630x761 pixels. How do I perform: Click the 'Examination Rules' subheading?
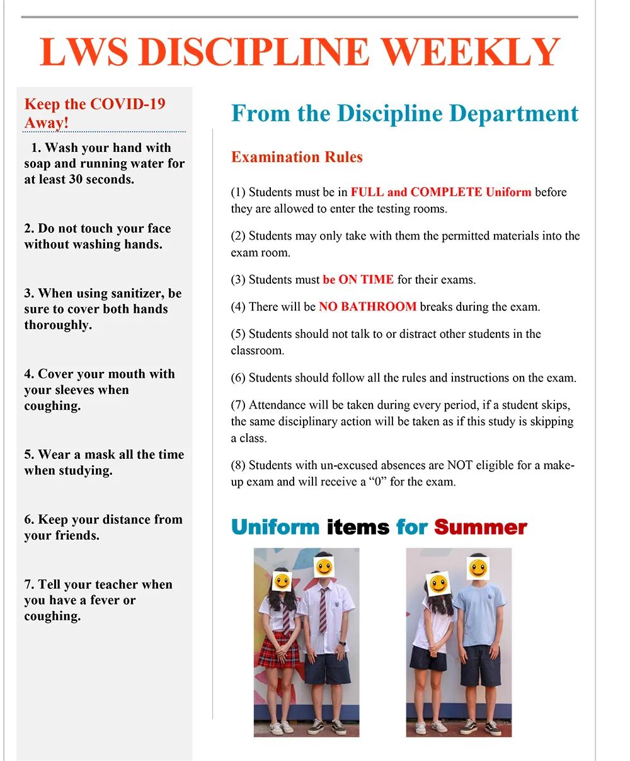click(297, 157)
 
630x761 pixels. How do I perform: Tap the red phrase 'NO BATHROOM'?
click(367, 307)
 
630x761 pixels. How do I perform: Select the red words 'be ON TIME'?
click(358, 279)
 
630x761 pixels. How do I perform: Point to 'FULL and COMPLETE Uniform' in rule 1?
click(441, 192)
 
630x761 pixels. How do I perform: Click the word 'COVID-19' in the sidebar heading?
click(128, 104)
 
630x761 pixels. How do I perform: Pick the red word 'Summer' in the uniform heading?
click(480, 527)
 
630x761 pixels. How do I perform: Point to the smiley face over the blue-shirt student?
click(478, 569)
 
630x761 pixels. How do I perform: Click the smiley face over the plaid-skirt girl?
click(282, 580)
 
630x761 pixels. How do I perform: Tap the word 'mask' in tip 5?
click(101, 455)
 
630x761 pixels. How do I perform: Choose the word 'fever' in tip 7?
click(103, 600)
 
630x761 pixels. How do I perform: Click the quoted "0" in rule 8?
click(379, 482)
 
